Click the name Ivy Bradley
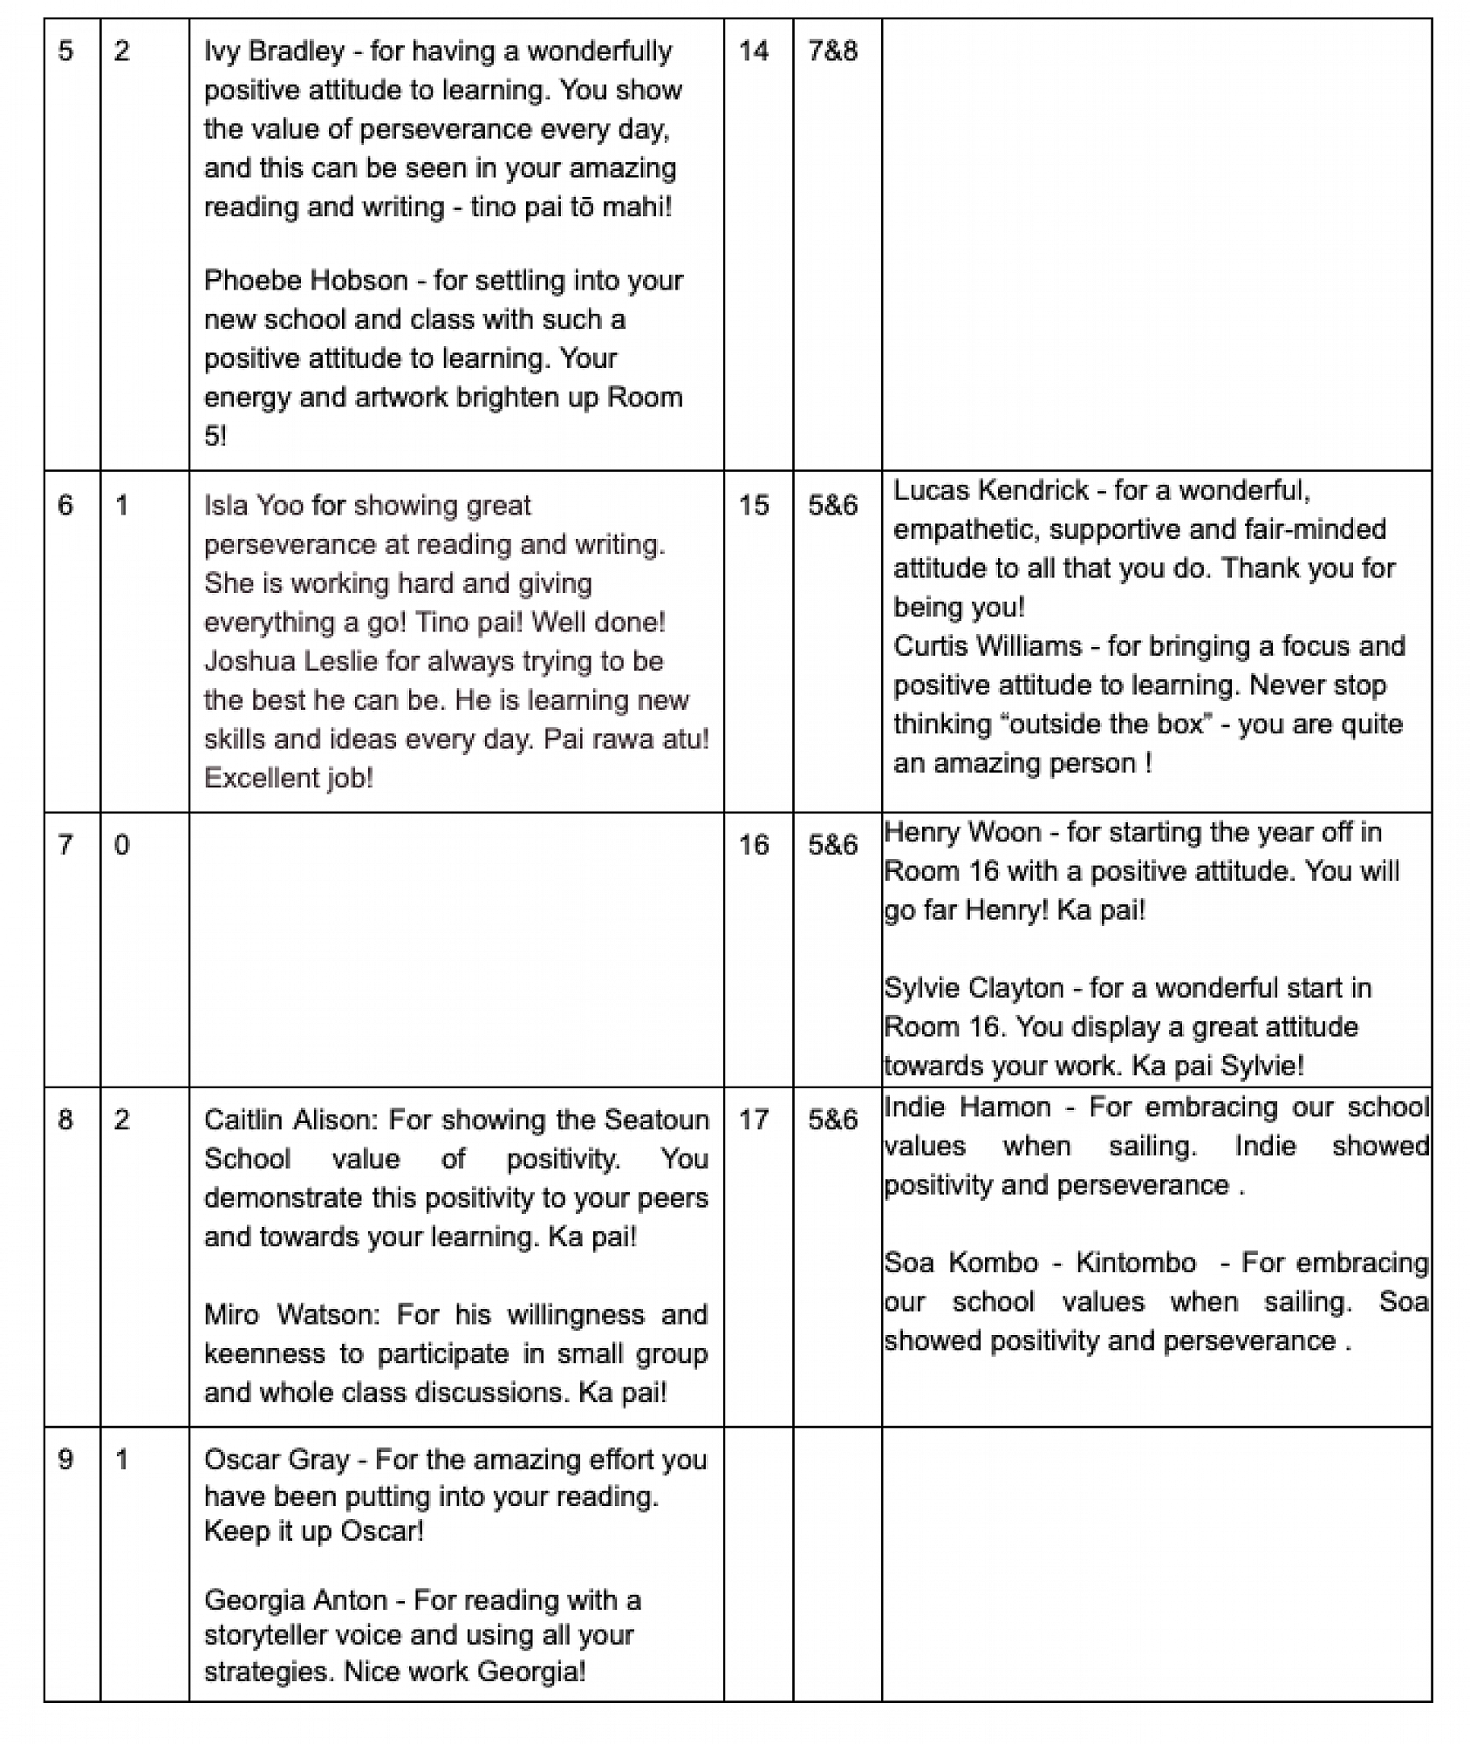tap(274, 51)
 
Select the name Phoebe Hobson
tap(305, 281)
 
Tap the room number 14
tap(754, 51)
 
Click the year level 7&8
tap(832, 51)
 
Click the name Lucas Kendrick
tap(991, 491)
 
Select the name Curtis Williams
tap(988, 646)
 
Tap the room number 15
tap(754, 506)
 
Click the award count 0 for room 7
tap(122, 845)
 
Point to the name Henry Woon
tap(962, 833)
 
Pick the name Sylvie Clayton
tap(974, 988)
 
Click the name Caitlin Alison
tap(290, 1121)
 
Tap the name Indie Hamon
tap(967, 1107)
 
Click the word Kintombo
tap(1135, 1263)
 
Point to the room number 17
tap(754, 1121)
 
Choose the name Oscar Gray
tap(277, 1460)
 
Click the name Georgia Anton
tap(295, 1600)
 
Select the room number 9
tap(66, 1460)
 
